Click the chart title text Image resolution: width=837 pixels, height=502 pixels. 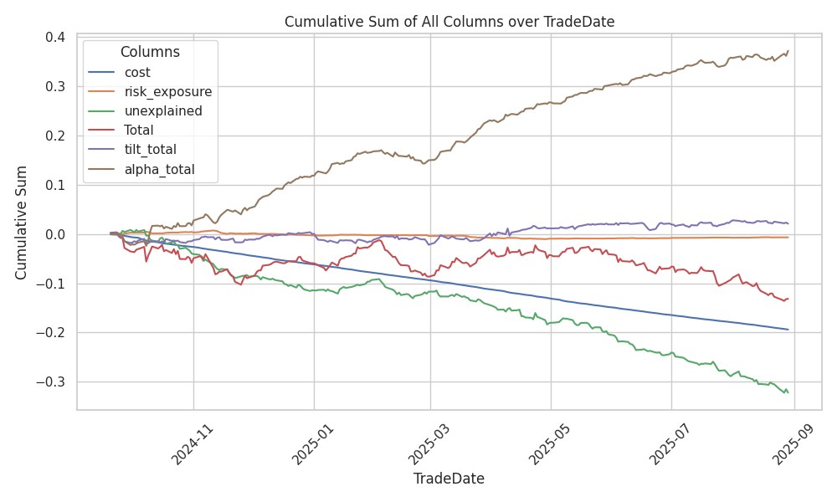tap(449, 22)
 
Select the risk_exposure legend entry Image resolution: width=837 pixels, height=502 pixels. tap(167, 92)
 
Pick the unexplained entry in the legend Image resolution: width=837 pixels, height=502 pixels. tap(162, 111)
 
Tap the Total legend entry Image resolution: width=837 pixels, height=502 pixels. tap(141, 131)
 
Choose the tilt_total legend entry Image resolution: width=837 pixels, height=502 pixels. tap(152, 150)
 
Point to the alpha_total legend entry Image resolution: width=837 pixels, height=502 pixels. tap(159, 169)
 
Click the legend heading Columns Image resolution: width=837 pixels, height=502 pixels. tap(150, 52)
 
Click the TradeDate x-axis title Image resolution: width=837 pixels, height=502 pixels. tap(449, 479)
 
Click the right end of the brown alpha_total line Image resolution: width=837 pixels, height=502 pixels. tap(788, 51)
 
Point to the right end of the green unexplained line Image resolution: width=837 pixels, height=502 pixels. tap(788, 392)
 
